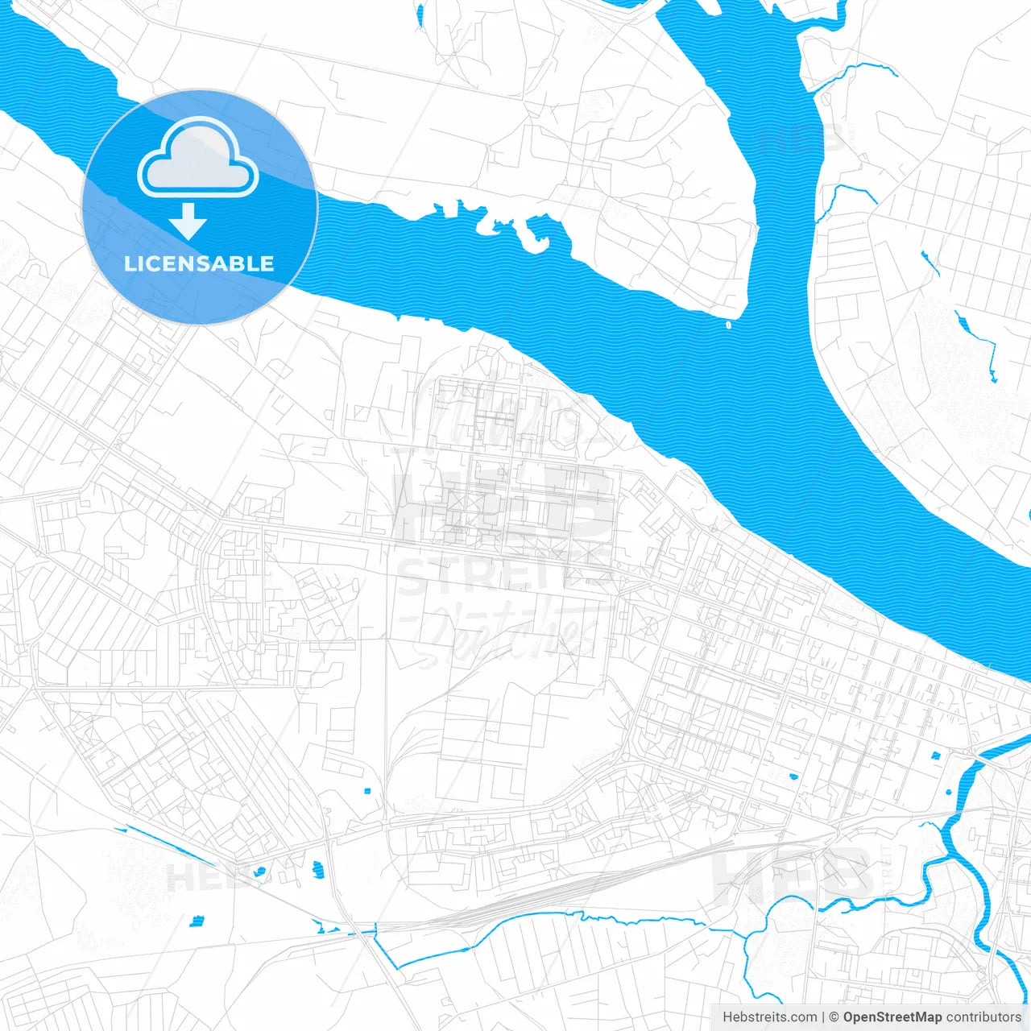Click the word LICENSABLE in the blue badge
pyautogui.click(x=199, y=263)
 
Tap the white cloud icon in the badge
pyautogui.click(x=198, y=159)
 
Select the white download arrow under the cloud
pyautogui.click(x=188, y=221)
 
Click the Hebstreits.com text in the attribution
pyautogui.click(x=769, y=1017)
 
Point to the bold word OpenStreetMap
pyautogui.click(x=892, y=1017)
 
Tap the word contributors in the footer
pyautogui.click(x=983, y=1017)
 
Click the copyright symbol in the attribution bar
pyautogui.click(x=834, y=1017)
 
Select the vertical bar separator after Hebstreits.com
pyautogui.click(x=823, y=1017)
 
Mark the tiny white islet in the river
pyautogui.click(x=729, y=325)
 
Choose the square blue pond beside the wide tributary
pyautogui.click(x=936, y=756)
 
